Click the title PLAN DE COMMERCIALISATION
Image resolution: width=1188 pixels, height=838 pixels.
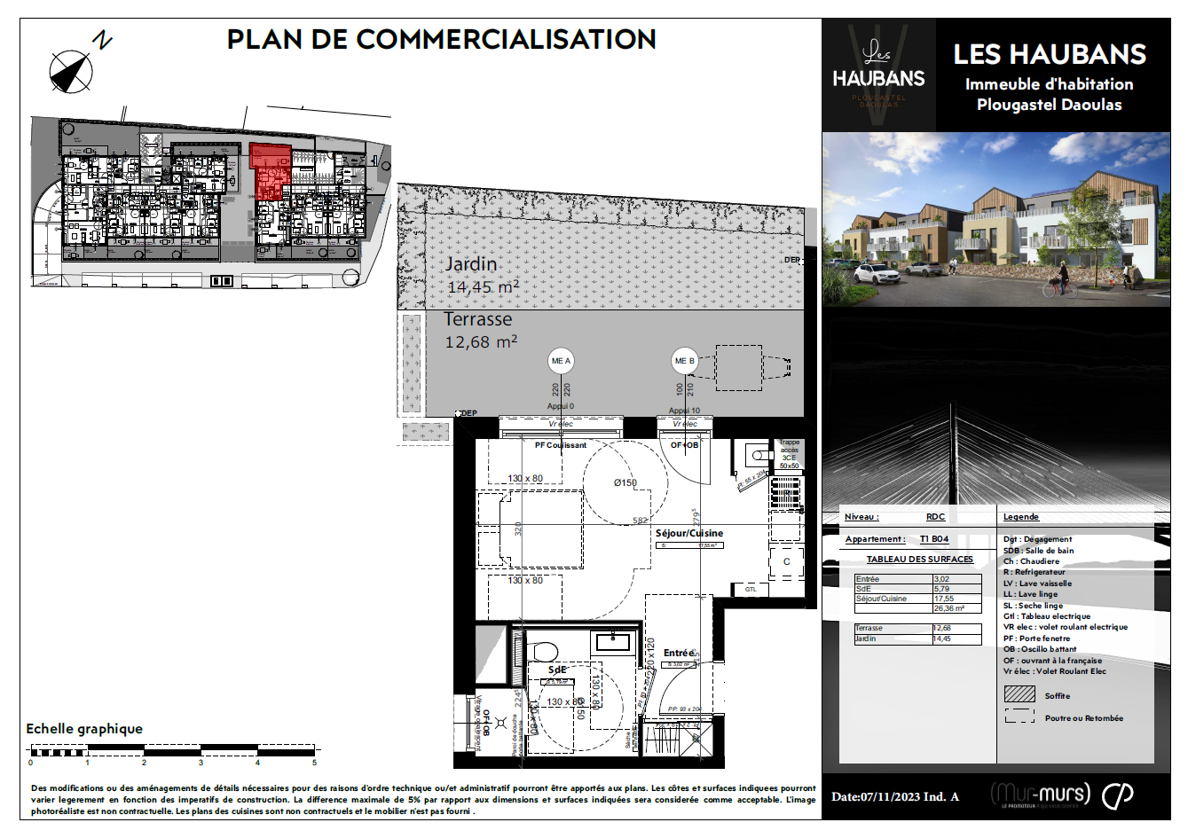point(441,40)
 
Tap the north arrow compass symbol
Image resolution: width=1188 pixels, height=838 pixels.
point(71,71)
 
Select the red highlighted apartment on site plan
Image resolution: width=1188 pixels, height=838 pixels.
point(270,168)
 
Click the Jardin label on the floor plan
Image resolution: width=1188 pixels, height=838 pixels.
point(470,264)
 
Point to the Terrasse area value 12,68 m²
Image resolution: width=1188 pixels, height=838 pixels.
point(481,342)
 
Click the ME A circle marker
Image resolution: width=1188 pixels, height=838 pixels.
point(561,361)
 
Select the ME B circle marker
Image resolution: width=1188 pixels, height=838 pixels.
point(684,361)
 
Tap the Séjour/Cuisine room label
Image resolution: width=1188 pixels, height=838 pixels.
point(688,533)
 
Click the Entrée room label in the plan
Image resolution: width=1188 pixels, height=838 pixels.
point(679,653)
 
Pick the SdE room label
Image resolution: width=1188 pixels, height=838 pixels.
point(556,670)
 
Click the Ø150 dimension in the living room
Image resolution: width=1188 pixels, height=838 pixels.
point(625,482)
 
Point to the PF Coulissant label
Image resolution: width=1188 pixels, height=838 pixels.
point(560,445)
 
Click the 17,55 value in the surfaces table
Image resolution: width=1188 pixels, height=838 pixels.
point(944,599)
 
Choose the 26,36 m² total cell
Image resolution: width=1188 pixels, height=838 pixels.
point(949,609)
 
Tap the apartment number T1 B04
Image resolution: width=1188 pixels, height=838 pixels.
point(933,539)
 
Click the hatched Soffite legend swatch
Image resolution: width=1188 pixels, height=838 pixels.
point(1019,694)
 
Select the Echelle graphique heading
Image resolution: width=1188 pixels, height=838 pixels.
point(84,729)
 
